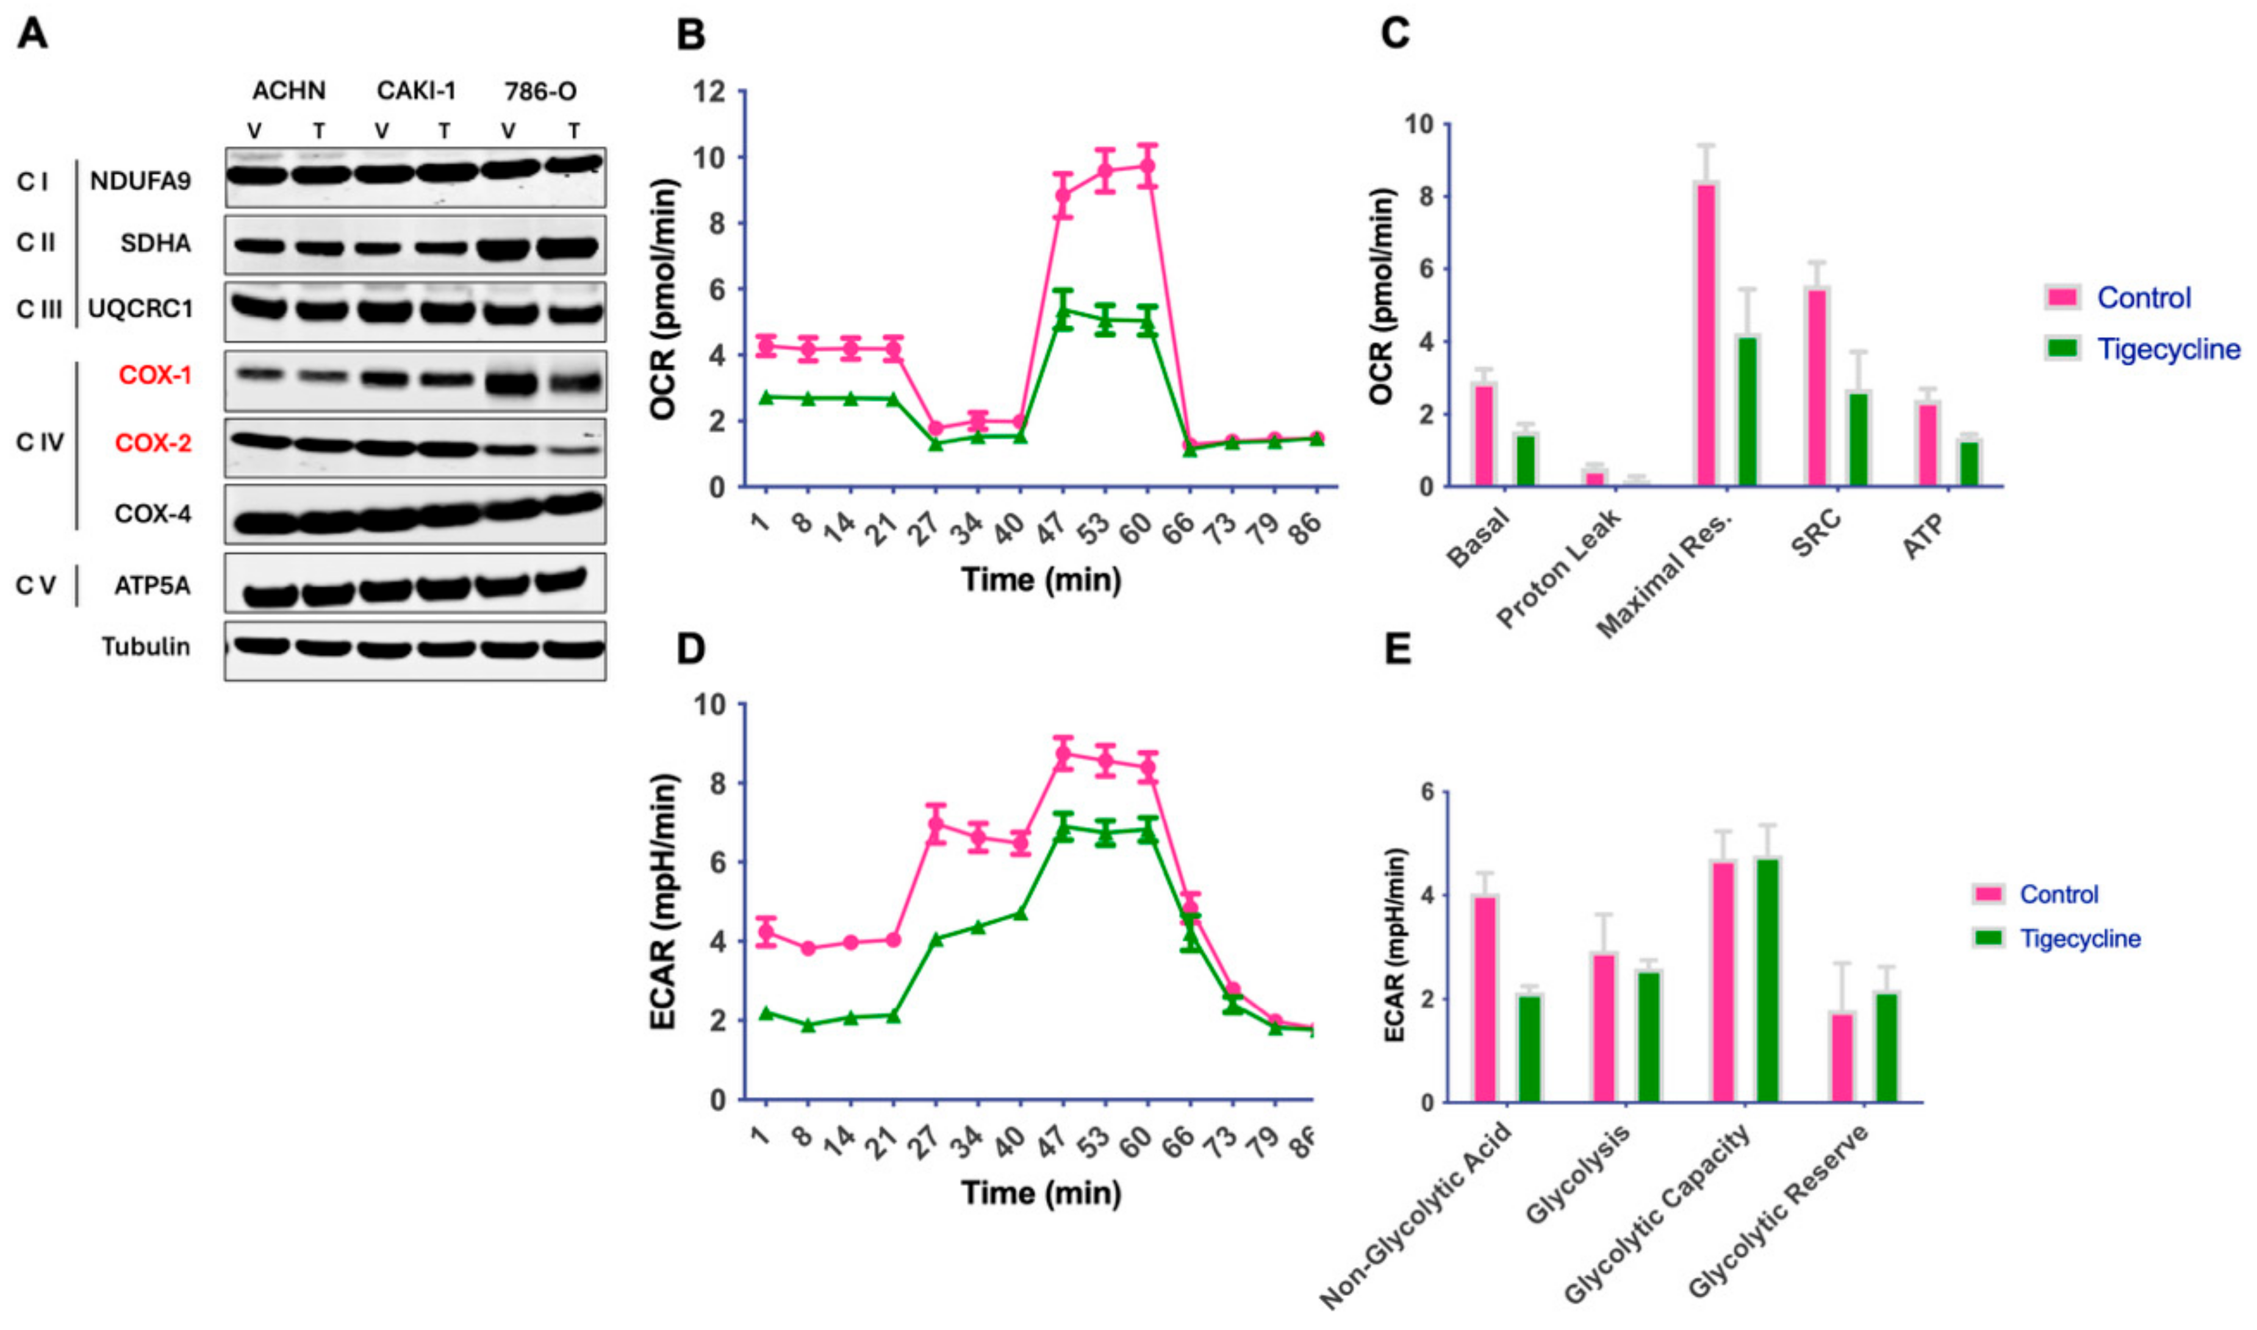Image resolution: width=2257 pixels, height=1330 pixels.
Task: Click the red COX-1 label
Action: [x=154, y=375]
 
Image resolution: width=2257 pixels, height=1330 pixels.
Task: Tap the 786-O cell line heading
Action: [x=540, y=91]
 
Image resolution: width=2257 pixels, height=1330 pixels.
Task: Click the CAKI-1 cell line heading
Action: [x=416, y=91]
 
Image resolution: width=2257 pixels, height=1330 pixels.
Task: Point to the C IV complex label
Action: [x=40, y=442]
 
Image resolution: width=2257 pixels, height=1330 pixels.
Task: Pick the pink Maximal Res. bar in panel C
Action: [x=1706, y=335]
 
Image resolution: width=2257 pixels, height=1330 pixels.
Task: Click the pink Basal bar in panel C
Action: [x=1484, y=436]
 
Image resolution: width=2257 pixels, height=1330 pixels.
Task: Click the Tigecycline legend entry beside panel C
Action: [x=2167, y=349]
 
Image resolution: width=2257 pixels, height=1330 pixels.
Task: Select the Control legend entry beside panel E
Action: [x=2058, y=894]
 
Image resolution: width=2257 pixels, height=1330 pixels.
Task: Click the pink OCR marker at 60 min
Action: [x=1147, y=166]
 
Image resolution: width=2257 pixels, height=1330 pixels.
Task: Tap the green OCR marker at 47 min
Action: [x=1063, y=312]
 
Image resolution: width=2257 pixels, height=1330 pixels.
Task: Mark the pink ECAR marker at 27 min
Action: [x=936, y=823]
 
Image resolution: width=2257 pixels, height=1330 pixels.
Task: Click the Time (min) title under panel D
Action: [x=1041, y=1193]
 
